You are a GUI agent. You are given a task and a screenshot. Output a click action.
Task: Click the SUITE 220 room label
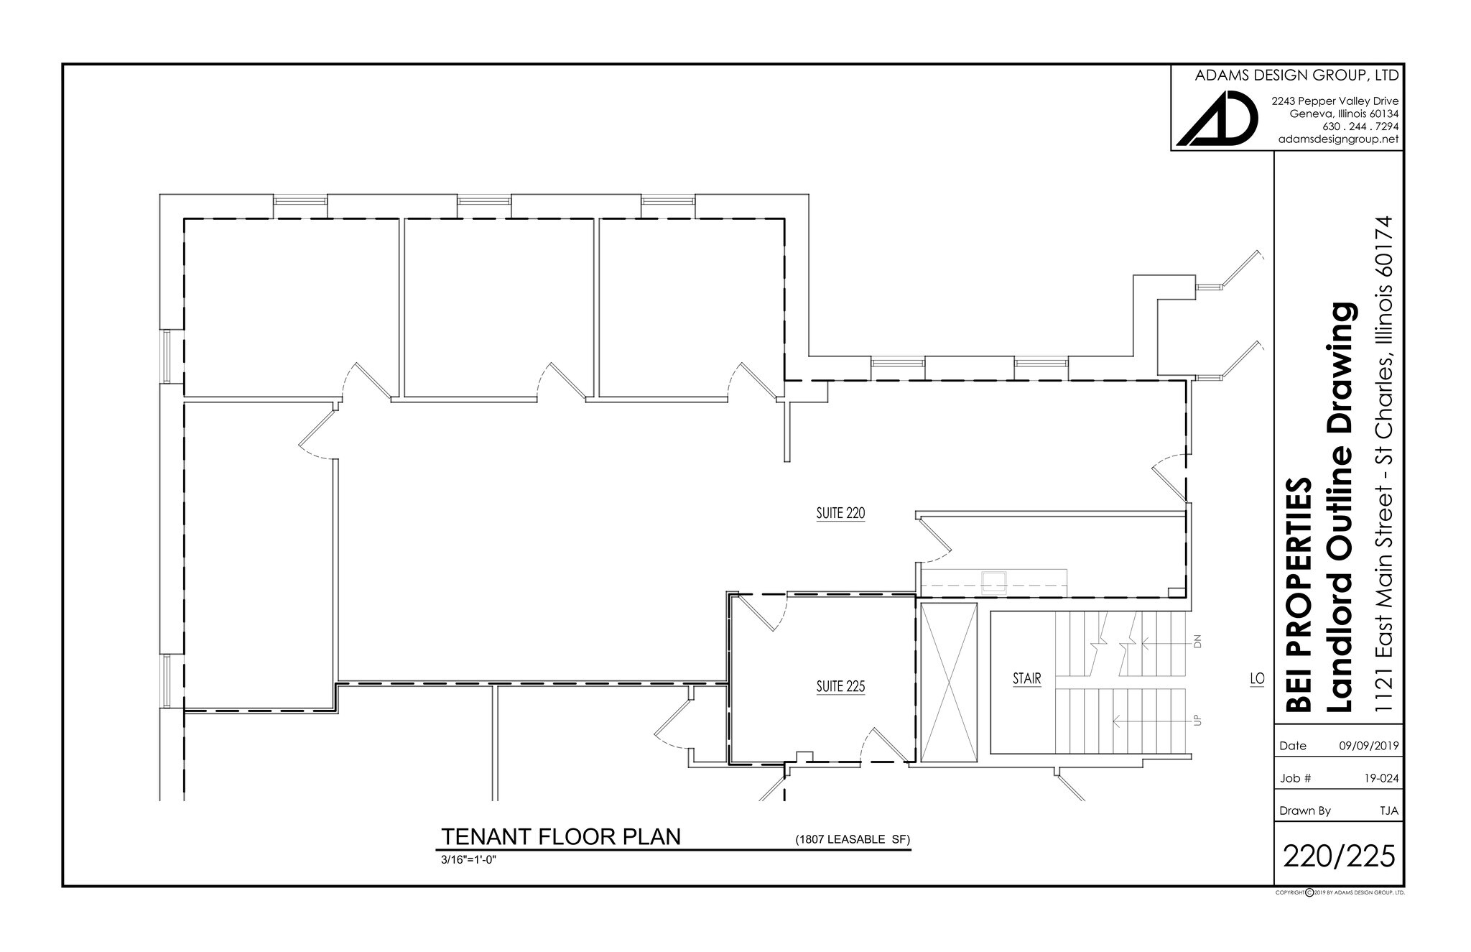point(840,514)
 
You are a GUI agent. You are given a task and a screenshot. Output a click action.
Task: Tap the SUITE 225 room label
point(840,686)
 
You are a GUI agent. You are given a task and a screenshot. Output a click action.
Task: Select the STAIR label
point(1026,678)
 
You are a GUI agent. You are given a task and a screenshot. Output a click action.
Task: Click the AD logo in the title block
point(1217,119)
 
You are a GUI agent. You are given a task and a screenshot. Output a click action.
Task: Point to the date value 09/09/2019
point(1368,746)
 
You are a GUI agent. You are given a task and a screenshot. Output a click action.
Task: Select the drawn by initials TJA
point(1388,810)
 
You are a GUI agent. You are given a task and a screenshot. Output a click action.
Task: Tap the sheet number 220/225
point(1339,856)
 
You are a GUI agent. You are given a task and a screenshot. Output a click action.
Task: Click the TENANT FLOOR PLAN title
point(560,837)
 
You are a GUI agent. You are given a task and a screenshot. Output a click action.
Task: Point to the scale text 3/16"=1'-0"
point(469,859)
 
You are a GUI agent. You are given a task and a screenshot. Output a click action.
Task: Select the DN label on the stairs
point(1197,642)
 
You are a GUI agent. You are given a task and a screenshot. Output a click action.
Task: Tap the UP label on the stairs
point(1197,719)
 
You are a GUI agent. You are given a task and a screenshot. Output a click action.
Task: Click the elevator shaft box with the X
point(949,683)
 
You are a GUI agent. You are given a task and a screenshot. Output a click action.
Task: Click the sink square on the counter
point(995,581)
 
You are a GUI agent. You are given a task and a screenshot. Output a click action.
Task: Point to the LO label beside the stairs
point(1256,678)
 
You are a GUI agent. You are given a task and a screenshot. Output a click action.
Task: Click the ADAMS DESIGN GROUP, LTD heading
point(1296,75)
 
